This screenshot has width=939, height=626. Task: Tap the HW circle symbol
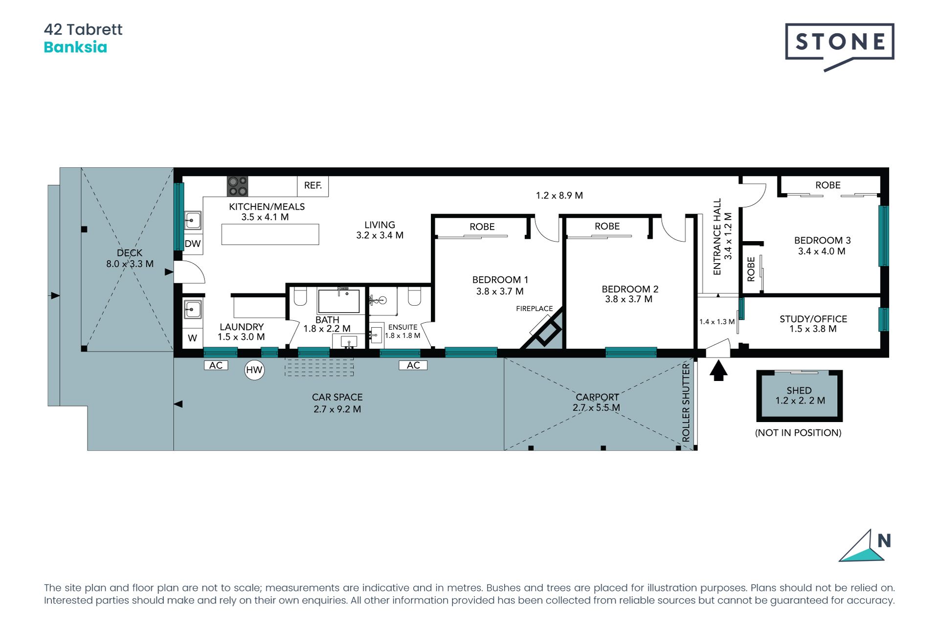coord(254,370)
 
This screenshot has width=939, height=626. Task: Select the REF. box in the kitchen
coord(313,186)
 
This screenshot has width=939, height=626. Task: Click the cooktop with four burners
coord(238,186)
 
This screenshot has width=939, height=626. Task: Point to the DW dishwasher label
coord(193,244)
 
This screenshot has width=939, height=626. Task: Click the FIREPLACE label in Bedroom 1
coord(534,309)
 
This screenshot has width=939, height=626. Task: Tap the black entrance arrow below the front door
coord(718,370)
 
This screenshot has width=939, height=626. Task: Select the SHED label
coord(799,390)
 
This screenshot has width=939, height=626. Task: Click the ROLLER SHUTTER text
coord(686,402)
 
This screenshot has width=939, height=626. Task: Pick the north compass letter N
coord(884,540)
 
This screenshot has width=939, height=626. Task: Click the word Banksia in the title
coord(75,47)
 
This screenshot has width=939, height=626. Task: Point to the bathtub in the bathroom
coord(338,301)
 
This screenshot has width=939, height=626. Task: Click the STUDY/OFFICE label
coord(813,319)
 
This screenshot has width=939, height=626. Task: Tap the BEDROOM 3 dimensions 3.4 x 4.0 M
coord(822,251)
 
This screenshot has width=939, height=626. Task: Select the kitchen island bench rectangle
coord(270,234)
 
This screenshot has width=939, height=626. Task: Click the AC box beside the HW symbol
coord(216,365)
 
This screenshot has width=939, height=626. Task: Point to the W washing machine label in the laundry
coord(193,338)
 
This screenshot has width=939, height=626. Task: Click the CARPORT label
coord(597,397)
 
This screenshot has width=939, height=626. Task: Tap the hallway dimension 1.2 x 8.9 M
coord(559,196)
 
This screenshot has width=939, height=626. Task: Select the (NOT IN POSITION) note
coord(798,433)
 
